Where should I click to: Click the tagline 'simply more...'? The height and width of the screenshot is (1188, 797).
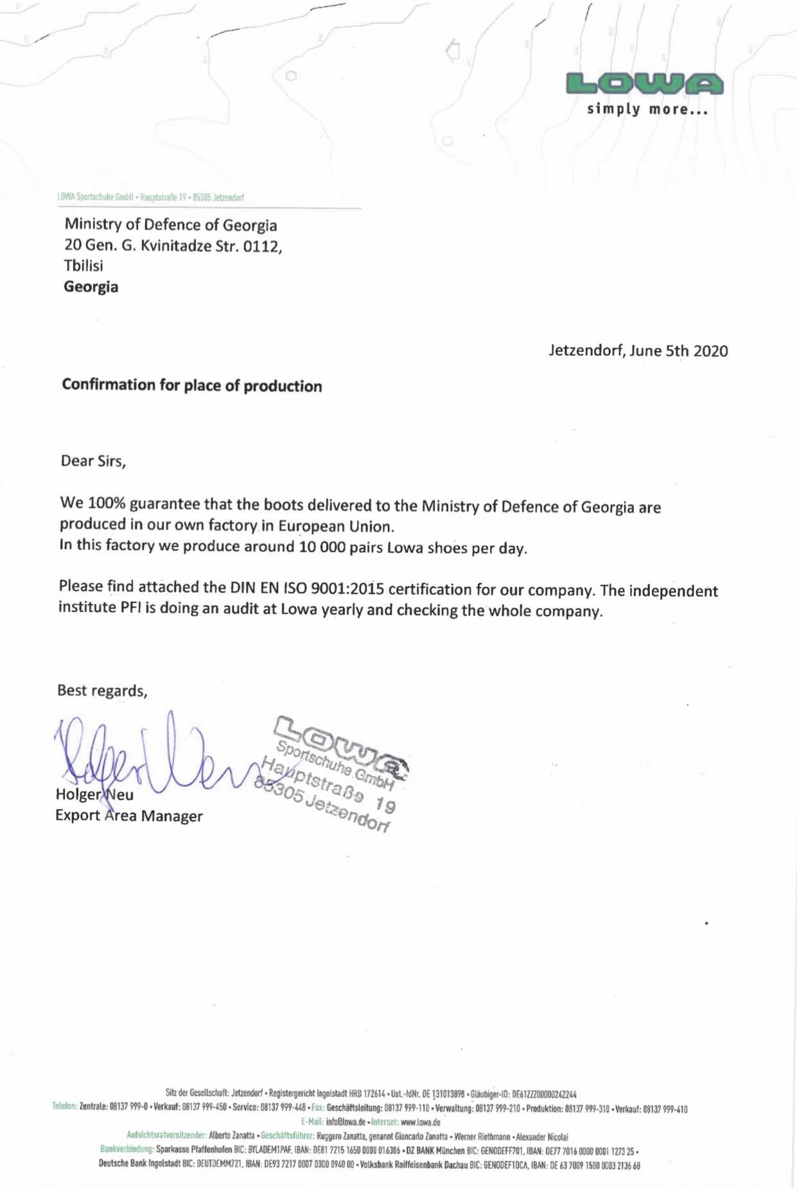[x=647, y=109]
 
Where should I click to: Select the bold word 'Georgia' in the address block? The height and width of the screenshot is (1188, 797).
[x=91, y=286]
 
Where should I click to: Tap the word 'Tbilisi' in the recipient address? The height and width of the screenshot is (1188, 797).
[x=83, y=265]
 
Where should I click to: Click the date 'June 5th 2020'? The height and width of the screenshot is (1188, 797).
[x=679, y=351]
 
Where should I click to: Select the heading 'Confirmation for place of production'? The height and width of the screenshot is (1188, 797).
[x=192, y=385]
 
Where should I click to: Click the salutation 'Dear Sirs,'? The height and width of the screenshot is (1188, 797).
[x=93, y=461]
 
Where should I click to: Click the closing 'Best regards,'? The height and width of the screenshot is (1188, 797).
[x=102, y=690]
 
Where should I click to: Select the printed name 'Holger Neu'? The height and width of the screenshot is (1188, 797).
[x=94, y=794]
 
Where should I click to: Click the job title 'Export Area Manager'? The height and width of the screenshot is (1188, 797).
[x=128, y=816]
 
